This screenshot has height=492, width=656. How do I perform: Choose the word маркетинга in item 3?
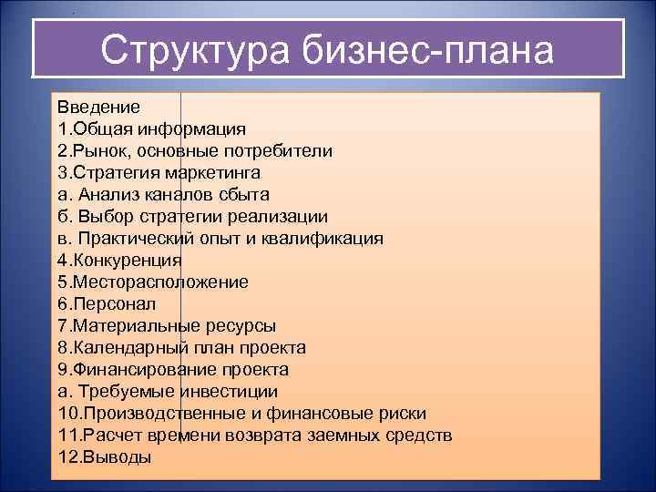(215, 173)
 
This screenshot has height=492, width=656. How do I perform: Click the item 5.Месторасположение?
(152, 282)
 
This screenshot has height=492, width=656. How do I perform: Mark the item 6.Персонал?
(107, 304)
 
